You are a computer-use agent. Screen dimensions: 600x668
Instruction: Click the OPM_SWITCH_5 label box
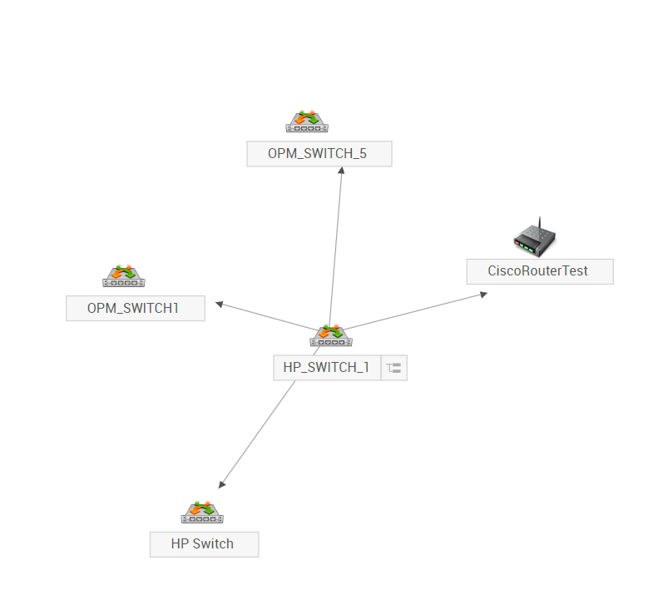[x=319, y=154]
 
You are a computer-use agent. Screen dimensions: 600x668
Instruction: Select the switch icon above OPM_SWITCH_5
[x=307, y=122]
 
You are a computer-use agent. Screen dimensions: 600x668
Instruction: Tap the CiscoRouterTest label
[x=539, y=271]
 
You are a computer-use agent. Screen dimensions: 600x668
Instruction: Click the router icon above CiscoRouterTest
[x=534, y=238]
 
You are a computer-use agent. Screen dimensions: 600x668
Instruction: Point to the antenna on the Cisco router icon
[x=538, y=225]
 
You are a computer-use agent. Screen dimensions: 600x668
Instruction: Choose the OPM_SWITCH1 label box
[x=135, y=308]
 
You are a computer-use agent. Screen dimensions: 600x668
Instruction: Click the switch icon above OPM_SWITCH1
[x=124, y=275]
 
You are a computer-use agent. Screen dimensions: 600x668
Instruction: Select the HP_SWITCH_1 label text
[x=326, y=368]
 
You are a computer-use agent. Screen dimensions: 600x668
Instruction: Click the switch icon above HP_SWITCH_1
[x=331, y=336]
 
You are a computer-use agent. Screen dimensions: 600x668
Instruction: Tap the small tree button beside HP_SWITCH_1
[x=394, y=368]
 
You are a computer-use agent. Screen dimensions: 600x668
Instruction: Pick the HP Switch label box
[x=204, y=544]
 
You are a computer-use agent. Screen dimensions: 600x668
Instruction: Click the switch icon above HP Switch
[x=203, y=513]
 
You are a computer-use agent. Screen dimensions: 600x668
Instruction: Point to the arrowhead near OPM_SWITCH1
[x=220, y=304]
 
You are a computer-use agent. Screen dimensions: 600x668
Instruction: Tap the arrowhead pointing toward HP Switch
[x=221, y=484]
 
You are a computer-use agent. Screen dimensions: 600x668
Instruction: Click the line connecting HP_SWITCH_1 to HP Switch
[x=258, y=433]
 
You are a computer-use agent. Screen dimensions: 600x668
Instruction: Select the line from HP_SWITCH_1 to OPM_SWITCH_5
[x=335, y=250]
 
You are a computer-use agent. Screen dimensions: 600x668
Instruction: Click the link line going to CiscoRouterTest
[x=416, y=311]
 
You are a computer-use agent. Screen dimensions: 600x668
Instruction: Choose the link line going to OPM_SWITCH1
[x=266, y=316]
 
